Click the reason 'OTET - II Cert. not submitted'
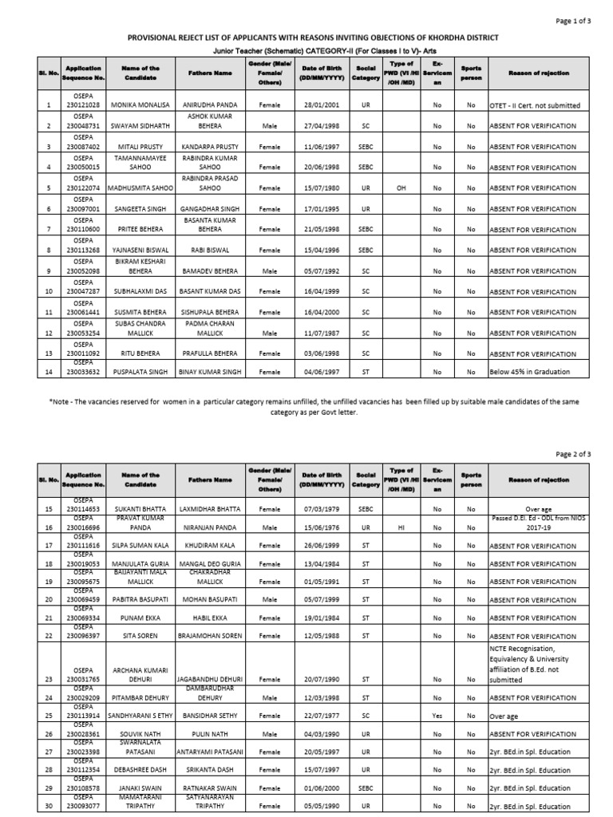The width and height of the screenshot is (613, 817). pyautogui.click(x=535, y=105)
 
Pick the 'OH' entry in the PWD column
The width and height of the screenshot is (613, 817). pyautogui.click(x=401, y=188)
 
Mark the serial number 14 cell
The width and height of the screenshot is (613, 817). pyautogui.click(x=49, y=372)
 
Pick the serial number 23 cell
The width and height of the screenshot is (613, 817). pyautogui.click(x=49, y=680)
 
